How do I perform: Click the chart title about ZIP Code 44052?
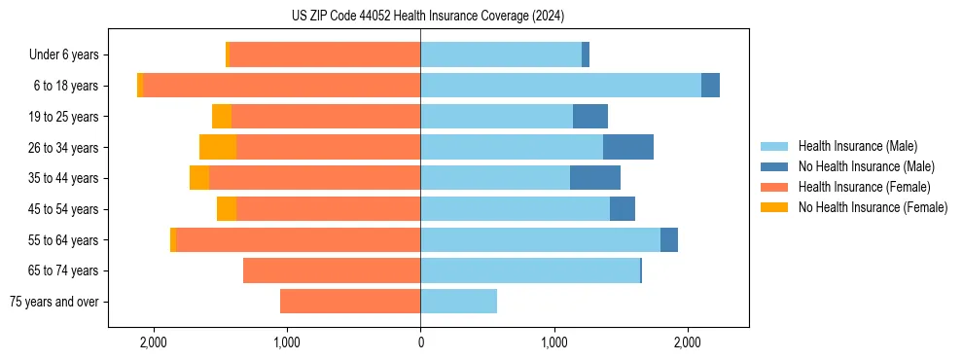(x=481, y=16)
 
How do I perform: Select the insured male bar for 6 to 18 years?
(x=560, y=86)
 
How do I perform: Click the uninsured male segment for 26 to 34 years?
(x=628, y=147)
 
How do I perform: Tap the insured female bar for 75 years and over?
(x=350, y=301)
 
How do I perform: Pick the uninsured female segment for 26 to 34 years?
(x=218, y=147)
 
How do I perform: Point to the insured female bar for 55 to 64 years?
(x=299, y=239)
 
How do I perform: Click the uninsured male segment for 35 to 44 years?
(x=595, y=178)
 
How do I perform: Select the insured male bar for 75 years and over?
(x=458, y=301)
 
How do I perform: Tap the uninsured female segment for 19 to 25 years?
(x=222, y=117)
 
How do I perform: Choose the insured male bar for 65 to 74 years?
(x=530, y=270)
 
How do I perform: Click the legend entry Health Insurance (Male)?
(x=857, y=146)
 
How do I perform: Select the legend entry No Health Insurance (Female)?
(x=873, y=207)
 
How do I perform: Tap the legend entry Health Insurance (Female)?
(x=864, y=187)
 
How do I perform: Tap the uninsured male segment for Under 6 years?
(x=586, y=55)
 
